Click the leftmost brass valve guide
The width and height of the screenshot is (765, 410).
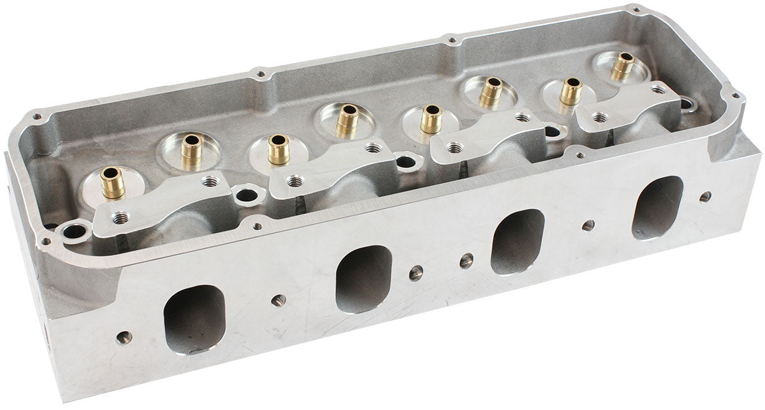tap(112, 183)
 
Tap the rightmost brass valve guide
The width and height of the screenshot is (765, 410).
tap(622, 66)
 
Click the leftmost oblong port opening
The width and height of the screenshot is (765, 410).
tap(194, 318)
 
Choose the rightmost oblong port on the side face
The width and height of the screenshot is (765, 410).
tap(657, 208)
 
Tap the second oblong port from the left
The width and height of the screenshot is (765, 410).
tap(363, 278)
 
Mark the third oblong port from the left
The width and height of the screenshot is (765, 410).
tap(517, 241)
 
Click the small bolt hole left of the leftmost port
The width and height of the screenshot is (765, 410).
tap(124, 337)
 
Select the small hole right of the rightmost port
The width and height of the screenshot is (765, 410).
tap(704, 196)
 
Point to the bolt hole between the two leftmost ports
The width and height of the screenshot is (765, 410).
tap(278, 300)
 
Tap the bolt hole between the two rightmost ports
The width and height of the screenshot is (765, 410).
tap(588, 225)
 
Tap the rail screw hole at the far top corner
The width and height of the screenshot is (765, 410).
tap(635, 10)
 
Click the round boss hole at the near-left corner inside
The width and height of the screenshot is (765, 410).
tap(74, 232)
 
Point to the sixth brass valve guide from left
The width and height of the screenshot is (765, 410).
tap(492, 92)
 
